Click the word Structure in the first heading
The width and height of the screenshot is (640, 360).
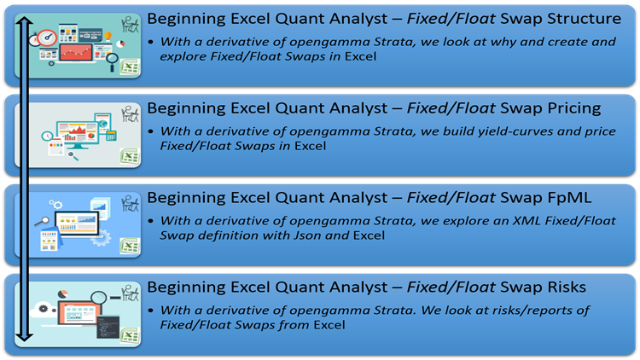(x=580, y=20)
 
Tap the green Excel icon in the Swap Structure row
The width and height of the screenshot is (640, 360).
(x=130, y=68)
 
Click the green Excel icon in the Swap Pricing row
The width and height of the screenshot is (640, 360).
(x=130, y=157)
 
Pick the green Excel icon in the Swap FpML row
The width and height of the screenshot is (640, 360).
(x=130, y=247)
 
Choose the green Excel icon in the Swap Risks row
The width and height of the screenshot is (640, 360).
(x=130, y=336)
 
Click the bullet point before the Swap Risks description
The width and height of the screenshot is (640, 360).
(x=152, y=310)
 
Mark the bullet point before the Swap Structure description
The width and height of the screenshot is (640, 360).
(x=152, y=41)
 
